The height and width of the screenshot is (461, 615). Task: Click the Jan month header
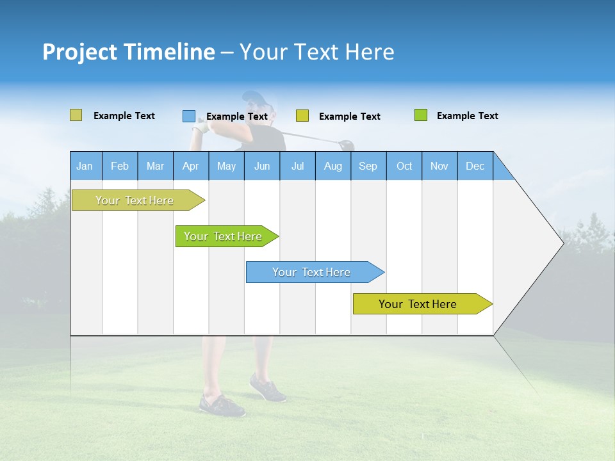coord(85,166)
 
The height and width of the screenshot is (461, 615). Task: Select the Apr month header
coord(190,166)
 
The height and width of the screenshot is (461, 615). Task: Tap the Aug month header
coord(332,166)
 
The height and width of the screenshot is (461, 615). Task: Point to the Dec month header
coord(475,166)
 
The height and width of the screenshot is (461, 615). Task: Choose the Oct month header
coord(404,166)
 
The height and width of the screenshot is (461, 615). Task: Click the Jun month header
coord(261,166)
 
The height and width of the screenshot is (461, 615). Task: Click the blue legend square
coord(188,116)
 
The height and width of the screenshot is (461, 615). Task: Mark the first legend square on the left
coord(76,115)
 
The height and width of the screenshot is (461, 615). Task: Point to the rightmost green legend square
coord(420,115)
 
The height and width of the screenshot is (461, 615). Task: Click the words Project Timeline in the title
coord(128,52)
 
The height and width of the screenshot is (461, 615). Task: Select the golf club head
coord(347,145)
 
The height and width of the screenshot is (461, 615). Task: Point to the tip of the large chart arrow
coord(561,243)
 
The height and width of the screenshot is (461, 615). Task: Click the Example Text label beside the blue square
coord(236,117)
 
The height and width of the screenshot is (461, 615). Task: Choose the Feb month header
coord(120,166)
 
